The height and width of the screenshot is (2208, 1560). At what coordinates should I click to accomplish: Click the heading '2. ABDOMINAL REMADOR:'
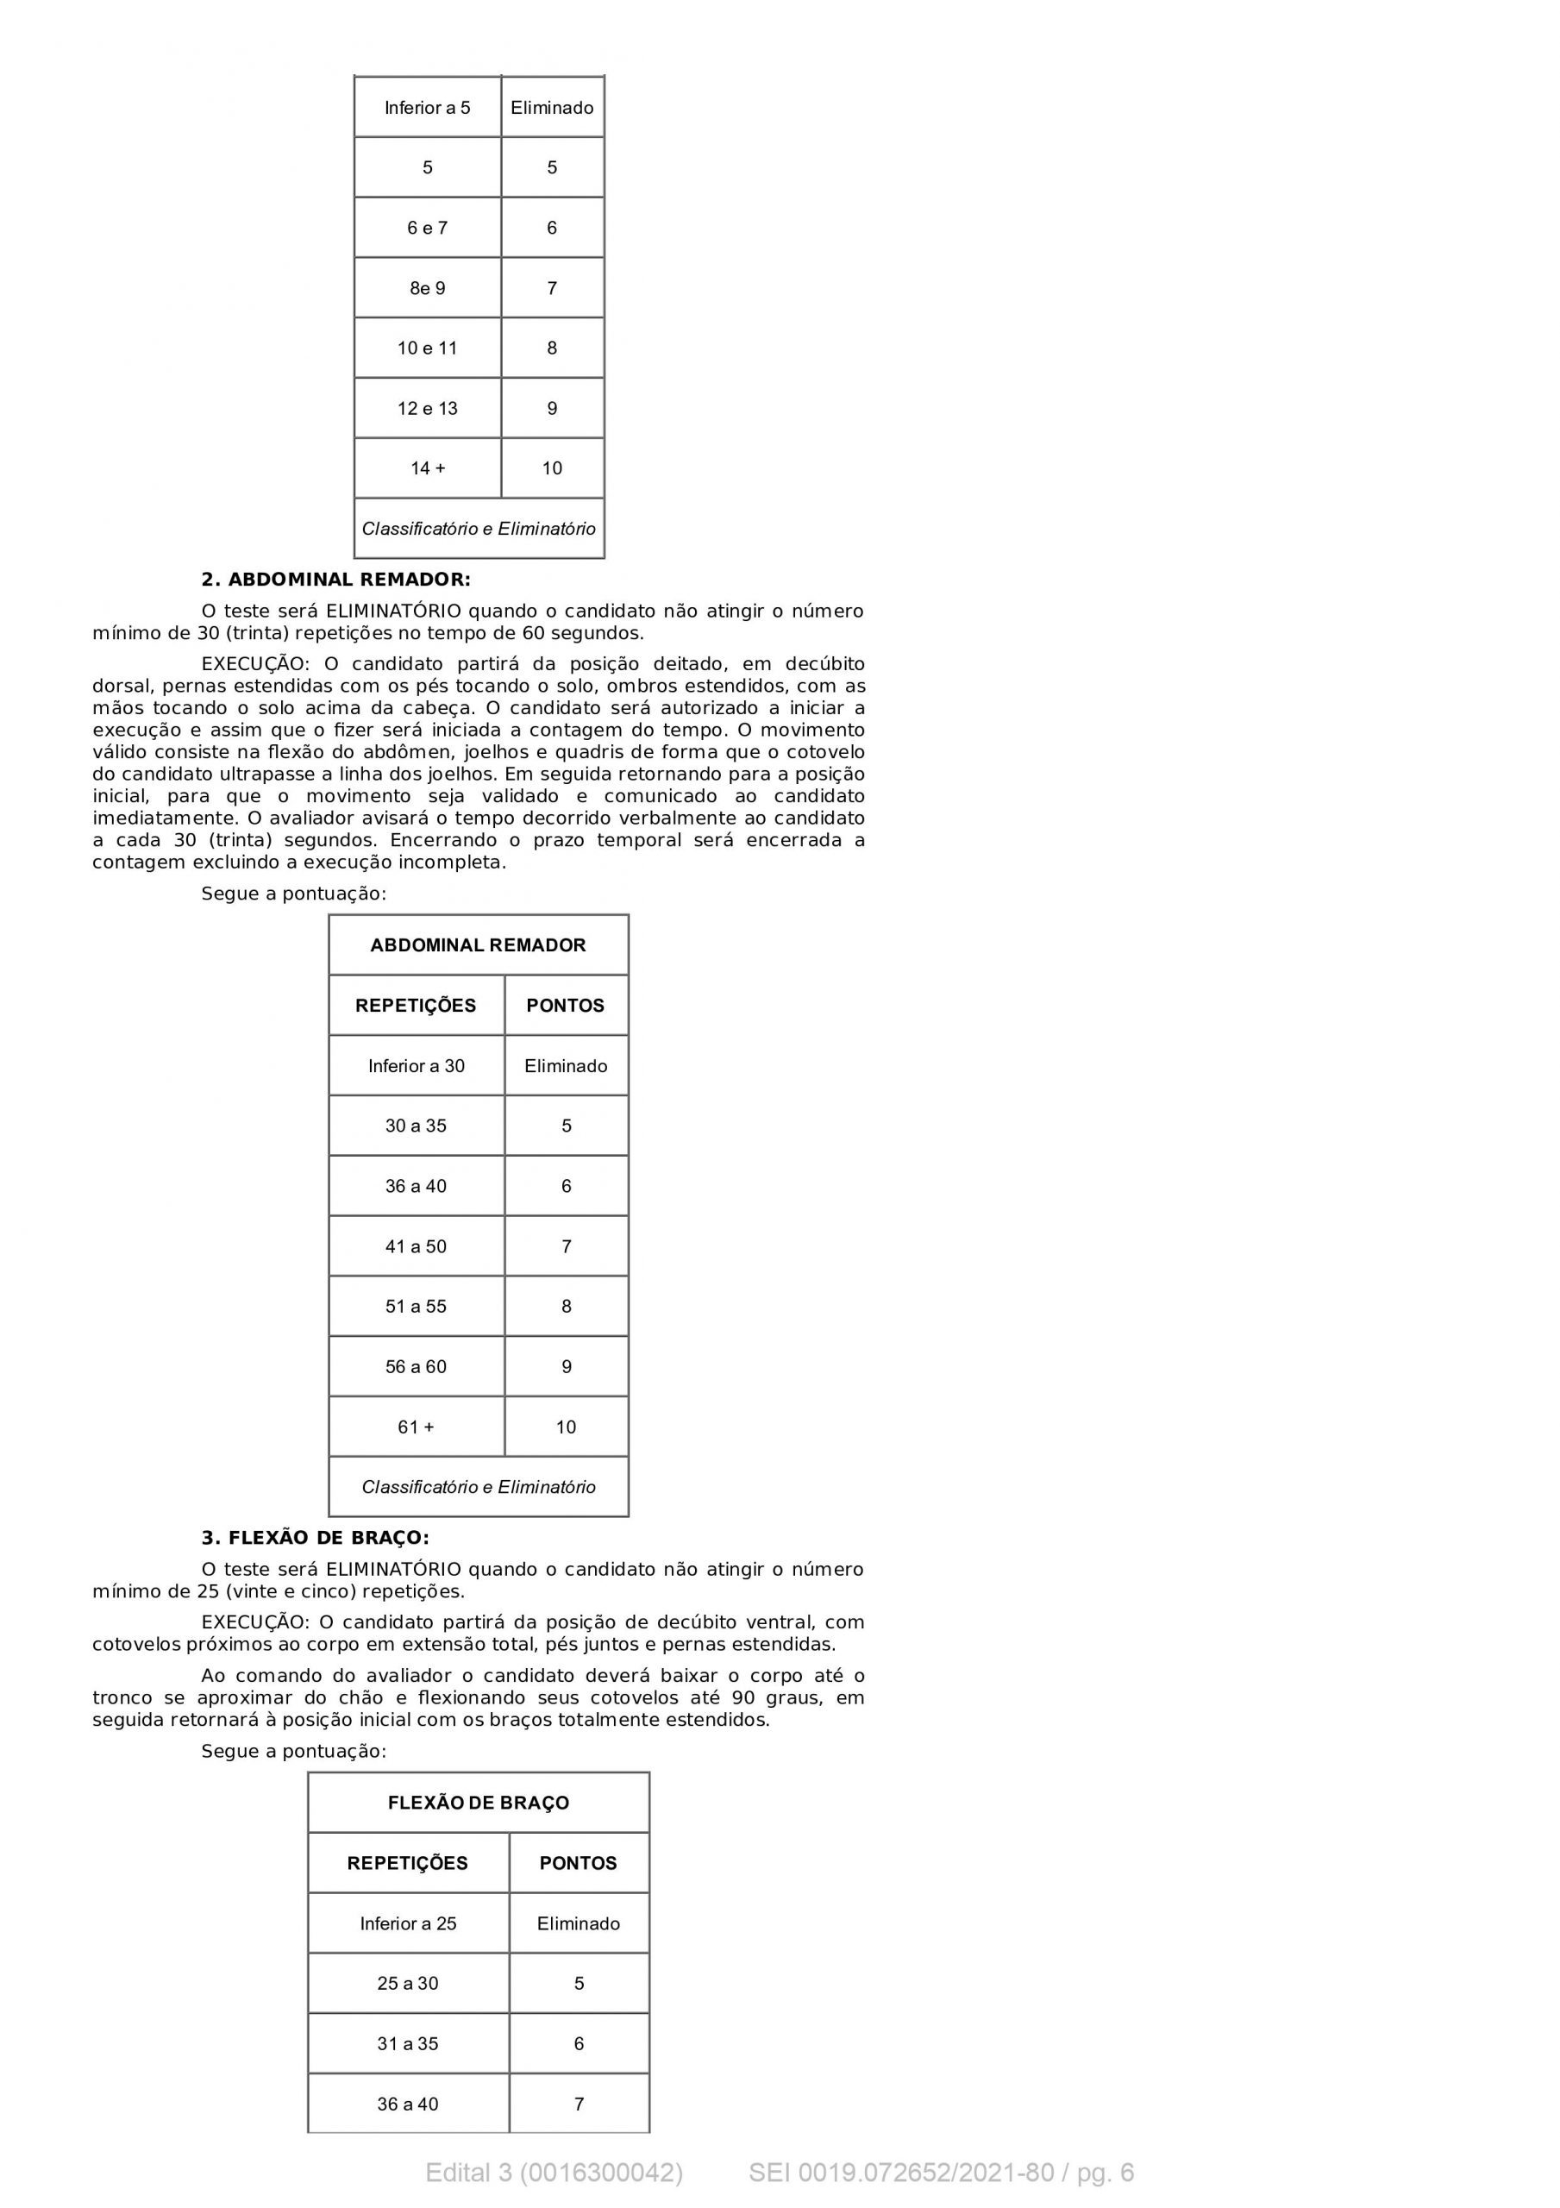click(x=335, y=579)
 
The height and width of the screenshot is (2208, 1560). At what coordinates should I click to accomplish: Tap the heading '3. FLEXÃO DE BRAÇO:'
click(x=315, y=1538)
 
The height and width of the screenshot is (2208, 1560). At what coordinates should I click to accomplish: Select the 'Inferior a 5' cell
click(x=427, y=108)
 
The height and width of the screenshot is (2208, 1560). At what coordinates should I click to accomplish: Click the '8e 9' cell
click(x=427, y=288)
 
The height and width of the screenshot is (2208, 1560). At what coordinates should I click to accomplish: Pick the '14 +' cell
click(x=427, y=468)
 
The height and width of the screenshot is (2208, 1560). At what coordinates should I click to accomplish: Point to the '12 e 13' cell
click(x=427, y=409)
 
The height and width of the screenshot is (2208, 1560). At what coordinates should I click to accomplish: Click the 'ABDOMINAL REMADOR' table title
click(x=478, y=945)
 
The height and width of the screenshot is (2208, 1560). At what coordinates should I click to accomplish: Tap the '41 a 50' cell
click(x=416, y=1246)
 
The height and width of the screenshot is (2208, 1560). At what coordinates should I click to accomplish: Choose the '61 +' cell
click(x=416, y=1427)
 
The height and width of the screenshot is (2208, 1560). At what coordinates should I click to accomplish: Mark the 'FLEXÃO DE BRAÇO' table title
click(x=478, y=1803)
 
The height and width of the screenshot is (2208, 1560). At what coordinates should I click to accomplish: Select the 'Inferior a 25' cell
click(x=408, y=1923)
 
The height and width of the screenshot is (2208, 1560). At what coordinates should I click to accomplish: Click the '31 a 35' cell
click(x=408, y=2043)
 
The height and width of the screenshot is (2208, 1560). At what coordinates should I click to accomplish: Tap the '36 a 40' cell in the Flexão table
click(x=408, y=2104)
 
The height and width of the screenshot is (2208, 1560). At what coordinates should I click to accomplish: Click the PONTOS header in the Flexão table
click(x=578, y=1863)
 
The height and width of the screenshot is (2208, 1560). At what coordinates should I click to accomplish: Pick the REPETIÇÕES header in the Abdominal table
click(x=416, y=1006)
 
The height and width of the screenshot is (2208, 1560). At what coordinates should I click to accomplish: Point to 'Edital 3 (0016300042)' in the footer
click(x=554, y=2173)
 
